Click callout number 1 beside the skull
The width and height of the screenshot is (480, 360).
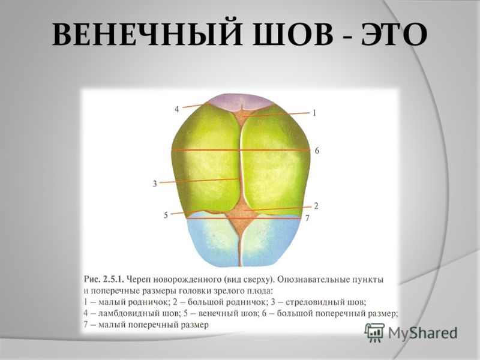coord(314,113)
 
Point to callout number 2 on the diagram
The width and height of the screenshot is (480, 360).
coord(316,206)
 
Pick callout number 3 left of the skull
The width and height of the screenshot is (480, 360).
coord(155,184)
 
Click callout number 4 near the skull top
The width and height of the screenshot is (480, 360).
coord(177,109)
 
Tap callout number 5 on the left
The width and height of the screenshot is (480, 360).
coord(166,215)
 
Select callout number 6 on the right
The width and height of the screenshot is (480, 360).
coord(317,151)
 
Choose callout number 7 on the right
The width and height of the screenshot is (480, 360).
coord(307,218)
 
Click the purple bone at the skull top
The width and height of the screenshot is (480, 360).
coord(242,101)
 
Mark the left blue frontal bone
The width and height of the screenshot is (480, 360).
coord(211,239)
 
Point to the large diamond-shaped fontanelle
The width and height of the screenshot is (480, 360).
coord(242,216)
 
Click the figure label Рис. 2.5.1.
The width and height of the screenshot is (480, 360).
coord(103,280)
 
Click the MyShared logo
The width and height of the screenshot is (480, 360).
coord(410,332)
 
